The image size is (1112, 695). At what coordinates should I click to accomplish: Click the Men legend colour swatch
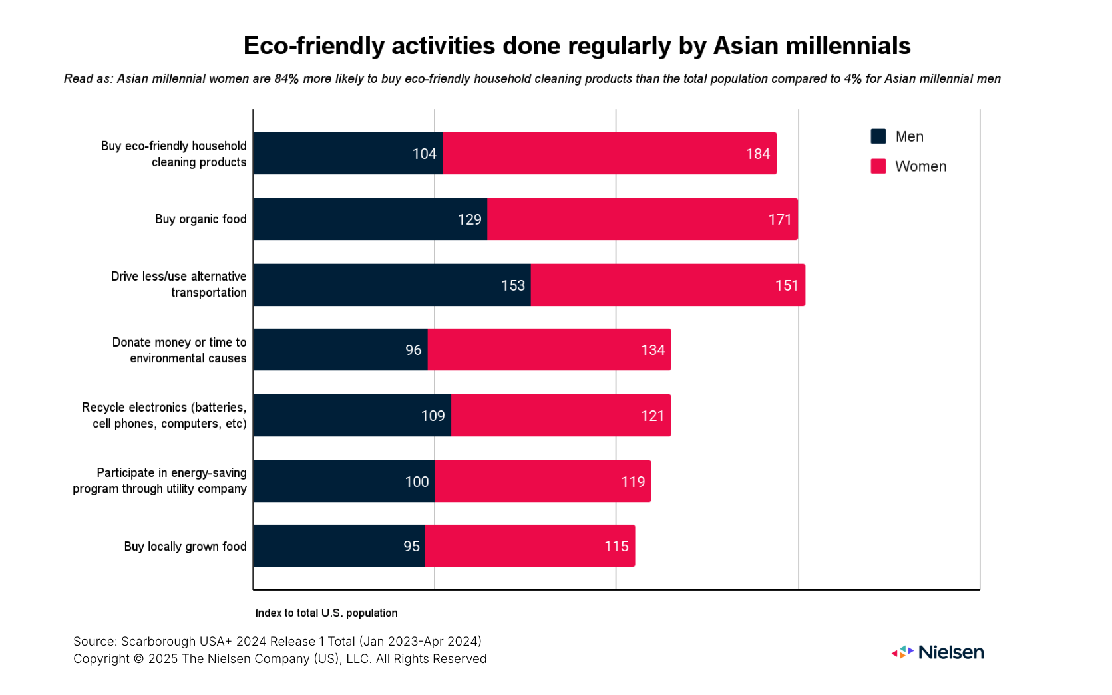pos(878,136)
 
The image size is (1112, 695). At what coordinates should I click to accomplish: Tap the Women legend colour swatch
pos(878,166)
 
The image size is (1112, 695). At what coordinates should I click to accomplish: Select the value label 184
pos(757,154)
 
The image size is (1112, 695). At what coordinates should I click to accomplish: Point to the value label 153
pos(513,285)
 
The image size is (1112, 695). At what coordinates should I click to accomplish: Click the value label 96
pos(413,350)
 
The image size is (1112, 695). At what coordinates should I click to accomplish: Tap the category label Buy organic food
pos(200,219)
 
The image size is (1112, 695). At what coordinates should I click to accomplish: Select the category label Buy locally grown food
pos(185,547)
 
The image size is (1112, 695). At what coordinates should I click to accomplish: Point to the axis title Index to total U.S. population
pos(326,613)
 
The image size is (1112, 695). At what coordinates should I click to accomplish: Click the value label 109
pos(433,416)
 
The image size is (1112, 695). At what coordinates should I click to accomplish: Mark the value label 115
pos(616,546)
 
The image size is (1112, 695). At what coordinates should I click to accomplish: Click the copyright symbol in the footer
pos(138,659)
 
